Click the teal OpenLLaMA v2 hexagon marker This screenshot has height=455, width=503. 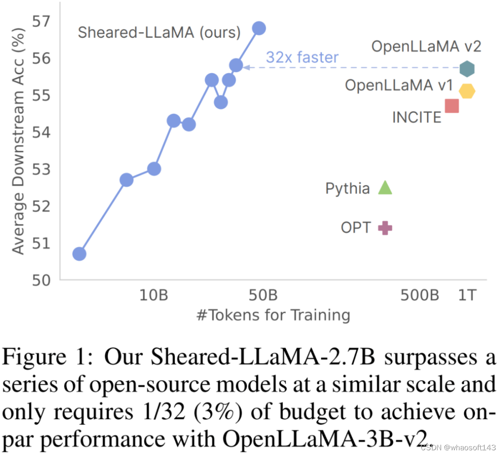pyautogui.click(x=467, y=69)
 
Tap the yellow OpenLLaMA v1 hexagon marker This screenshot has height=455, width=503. pyautogui.click(x=467, y=91)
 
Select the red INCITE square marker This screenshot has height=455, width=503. pyautogui.click(x=452, y=106)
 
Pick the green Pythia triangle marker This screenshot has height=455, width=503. pyautogui.click(x=385, y=188)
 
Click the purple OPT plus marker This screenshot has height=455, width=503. pyautogui.click(x=385, y=228)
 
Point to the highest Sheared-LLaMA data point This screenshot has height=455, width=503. pyautogui.click(x=259, y=28)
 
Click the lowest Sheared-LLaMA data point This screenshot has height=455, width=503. pyautogui.click(x=79, y=254)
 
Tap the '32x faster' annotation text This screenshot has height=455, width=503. pyautogui.click(x=302, y=57)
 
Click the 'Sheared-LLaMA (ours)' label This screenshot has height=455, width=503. pyautogui.click(x=159, y=33)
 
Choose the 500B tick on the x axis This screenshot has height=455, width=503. pyautogui.click(x=420, y=296)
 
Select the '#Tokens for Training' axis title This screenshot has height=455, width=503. pyautogui.click(x=273, y=315)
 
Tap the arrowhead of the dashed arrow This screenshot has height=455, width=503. pyautogui.click(x=246, y=68)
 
